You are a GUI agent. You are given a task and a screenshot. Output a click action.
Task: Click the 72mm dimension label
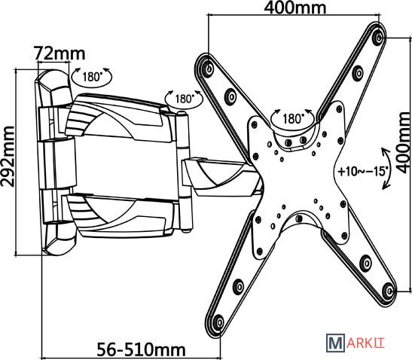click(60, 53)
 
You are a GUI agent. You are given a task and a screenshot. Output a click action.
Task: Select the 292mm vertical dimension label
click(8, 157)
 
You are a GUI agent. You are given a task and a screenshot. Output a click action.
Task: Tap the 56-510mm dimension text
click(142, 349)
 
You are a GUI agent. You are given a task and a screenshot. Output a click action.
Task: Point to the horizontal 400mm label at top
click(295, 8)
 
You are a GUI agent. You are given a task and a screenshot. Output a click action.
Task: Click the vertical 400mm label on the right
click(403, 142)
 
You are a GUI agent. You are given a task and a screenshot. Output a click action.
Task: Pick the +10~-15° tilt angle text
click(363, 172)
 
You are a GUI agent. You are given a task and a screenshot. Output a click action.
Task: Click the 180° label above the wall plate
click(92, 77)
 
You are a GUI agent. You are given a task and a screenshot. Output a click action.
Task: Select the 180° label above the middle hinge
click(185, 99)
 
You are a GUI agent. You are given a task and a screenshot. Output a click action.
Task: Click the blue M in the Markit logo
click(335, 343)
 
